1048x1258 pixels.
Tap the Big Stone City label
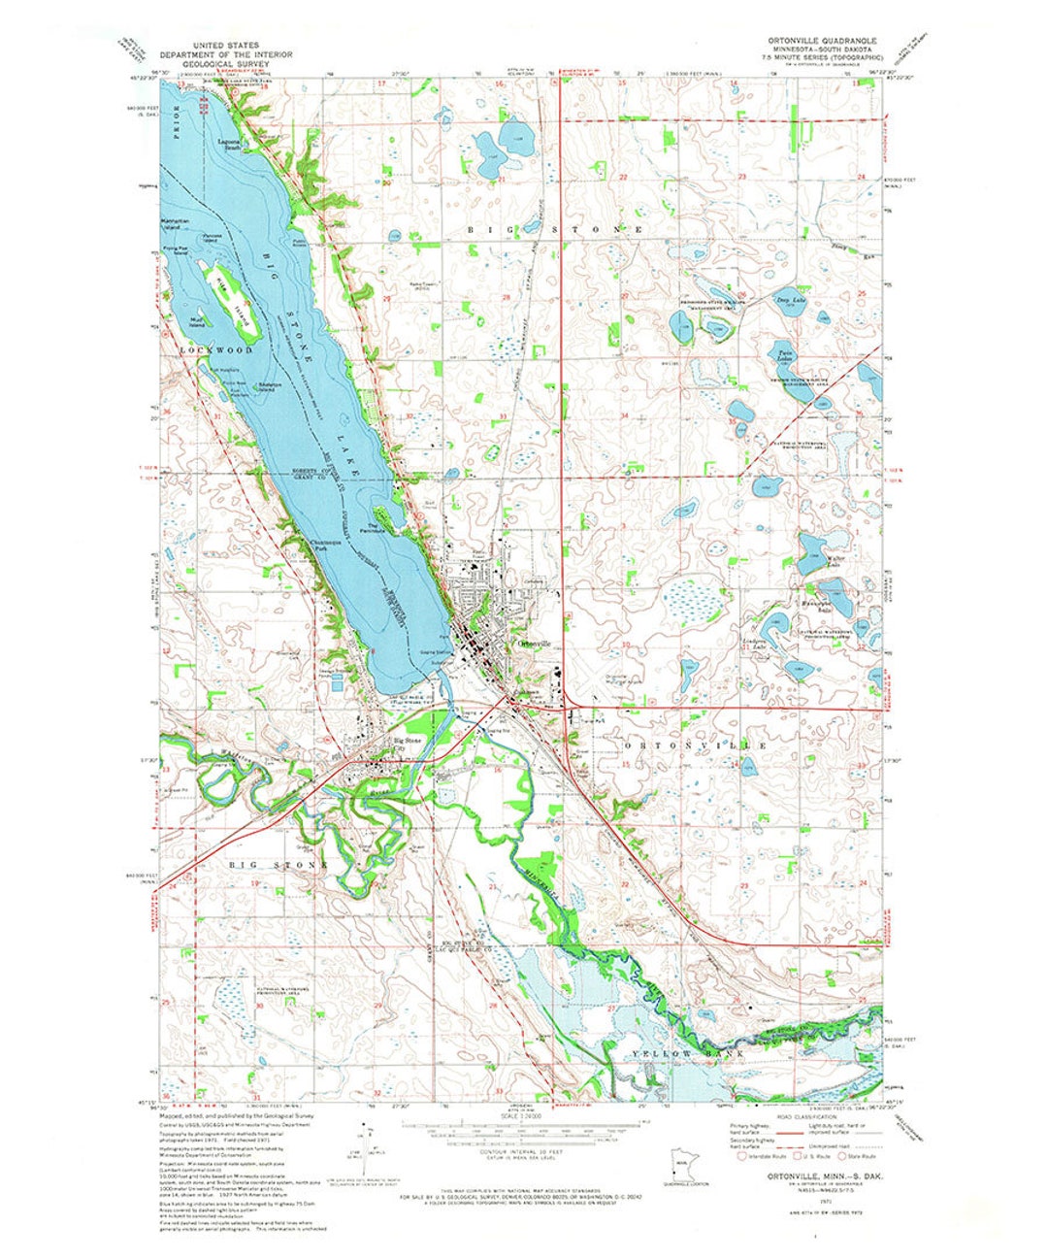pyautogui.click(x=407, y=744)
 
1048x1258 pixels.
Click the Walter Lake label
pyautogui.click(x=839, y=561)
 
